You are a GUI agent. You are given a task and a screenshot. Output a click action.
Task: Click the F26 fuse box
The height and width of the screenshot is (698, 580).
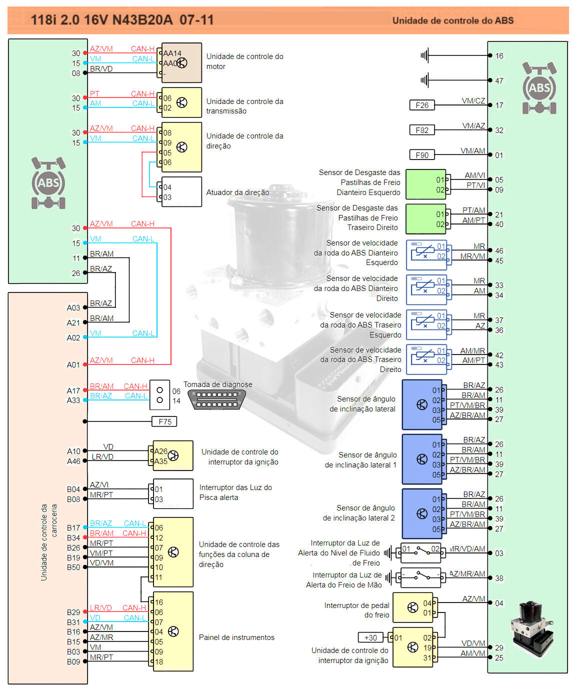[422, 105]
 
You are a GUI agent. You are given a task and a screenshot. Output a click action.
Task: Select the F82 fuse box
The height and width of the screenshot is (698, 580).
[422, 130]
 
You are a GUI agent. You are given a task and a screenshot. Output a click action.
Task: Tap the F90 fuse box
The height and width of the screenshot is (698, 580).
[422, 155]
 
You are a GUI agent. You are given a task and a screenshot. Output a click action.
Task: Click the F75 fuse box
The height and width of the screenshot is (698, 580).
[164, 421]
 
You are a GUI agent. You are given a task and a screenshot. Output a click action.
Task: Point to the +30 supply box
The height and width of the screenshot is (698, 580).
[370, 637]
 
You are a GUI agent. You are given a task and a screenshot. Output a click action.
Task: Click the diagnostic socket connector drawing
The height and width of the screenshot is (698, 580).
[217, 399]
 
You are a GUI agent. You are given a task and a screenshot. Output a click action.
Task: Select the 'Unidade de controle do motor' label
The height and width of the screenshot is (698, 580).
[244, 61]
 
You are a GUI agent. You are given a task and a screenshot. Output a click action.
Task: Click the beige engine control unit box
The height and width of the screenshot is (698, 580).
[181, 63]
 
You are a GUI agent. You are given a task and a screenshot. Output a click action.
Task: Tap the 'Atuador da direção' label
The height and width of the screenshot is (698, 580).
[237, 192]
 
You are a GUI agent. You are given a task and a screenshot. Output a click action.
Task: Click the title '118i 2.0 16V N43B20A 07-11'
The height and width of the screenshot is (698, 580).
[122, 20]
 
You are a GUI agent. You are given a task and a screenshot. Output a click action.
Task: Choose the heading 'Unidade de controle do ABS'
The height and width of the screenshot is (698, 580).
[452, 20]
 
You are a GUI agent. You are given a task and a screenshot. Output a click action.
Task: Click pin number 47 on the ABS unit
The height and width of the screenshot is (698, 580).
[499, 80]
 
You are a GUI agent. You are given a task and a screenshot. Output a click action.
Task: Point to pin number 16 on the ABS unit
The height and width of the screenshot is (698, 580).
[499, 56]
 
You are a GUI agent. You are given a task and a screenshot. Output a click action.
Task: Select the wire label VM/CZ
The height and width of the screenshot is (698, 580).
[473, 101]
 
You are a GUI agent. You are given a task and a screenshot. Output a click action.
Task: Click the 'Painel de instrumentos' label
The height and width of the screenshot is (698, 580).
[236, 637]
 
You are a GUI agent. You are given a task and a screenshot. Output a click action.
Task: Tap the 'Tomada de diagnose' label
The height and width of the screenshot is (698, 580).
[217, 384]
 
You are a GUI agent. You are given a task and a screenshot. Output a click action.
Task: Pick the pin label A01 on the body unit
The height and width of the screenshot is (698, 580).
[73, 365]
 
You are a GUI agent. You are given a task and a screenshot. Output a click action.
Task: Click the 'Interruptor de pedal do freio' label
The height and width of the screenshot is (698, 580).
[356, 610]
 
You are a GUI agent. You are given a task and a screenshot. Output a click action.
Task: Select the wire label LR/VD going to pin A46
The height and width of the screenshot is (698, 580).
[102, 457]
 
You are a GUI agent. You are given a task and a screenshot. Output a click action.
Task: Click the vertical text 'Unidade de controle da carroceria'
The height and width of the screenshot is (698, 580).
[48, 542]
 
